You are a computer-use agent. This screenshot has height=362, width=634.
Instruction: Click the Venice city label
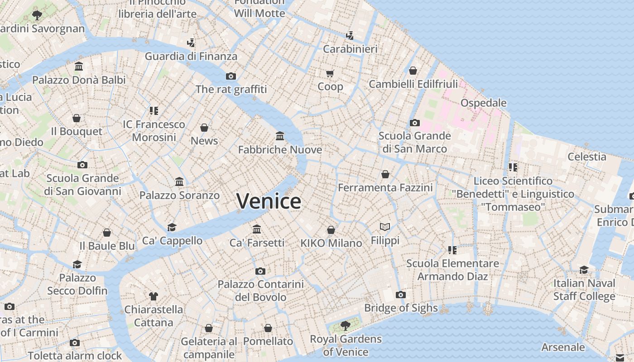click(269, 201)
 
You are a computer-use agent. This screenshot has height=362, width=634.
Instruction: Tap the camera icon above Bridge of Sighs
click(400, 295)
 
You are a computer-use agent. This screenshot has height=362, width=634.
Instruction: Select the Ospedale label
click(483, 103)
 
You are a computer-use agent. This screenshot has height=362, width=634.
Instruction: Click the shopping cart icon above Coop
click(330, 73)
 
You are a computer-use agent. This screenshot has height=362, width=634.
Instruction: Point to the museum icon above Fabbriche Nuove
click(280, 136)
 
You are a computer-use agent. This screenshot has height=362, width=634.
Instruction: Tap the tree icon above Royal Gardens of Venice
click(346, 325)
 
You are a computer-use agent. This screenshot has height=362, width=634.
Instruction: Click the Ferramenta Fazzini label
click(385, 187)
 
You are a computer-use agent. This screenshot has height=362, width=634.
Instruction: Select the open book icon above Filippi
click(385, 227)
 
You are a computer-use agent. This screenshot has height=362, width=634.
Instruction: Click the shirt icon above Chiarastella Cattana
click(154, 296)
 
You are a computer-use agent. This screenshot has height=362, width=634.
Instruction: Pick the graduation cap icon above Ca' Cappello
click(172, 227)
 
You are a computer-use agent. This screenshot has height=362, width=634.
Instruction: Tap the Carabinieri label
click(350, 49)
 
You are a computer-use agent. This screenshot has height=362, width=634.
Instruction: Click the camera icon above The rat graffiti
click(231, 76)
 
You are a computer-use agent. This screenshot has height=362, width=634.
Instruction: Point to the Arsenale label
click(563, 347)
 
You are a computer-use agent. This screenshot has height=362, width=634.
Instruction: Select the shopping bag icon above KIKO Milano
click(331, 230)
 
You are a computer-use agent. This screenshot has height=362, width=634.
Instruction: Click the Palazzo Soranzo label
click(179, 195)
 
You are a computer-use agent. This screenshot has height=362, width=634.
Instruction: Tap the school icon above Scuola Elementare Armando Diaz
click(452, 250)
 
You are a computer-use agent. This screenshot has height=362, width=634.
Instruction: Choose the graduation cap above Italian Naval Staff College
click(584, 270)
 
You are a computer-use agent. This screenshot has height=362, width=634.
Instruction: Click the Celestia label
click(587, 157)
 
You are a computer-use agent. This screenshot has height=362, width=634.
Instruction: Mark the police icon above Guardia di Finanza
click(191, 43)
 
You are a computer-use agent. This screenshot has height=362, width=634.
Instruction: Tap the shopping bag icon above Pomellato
click(268, 328)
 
